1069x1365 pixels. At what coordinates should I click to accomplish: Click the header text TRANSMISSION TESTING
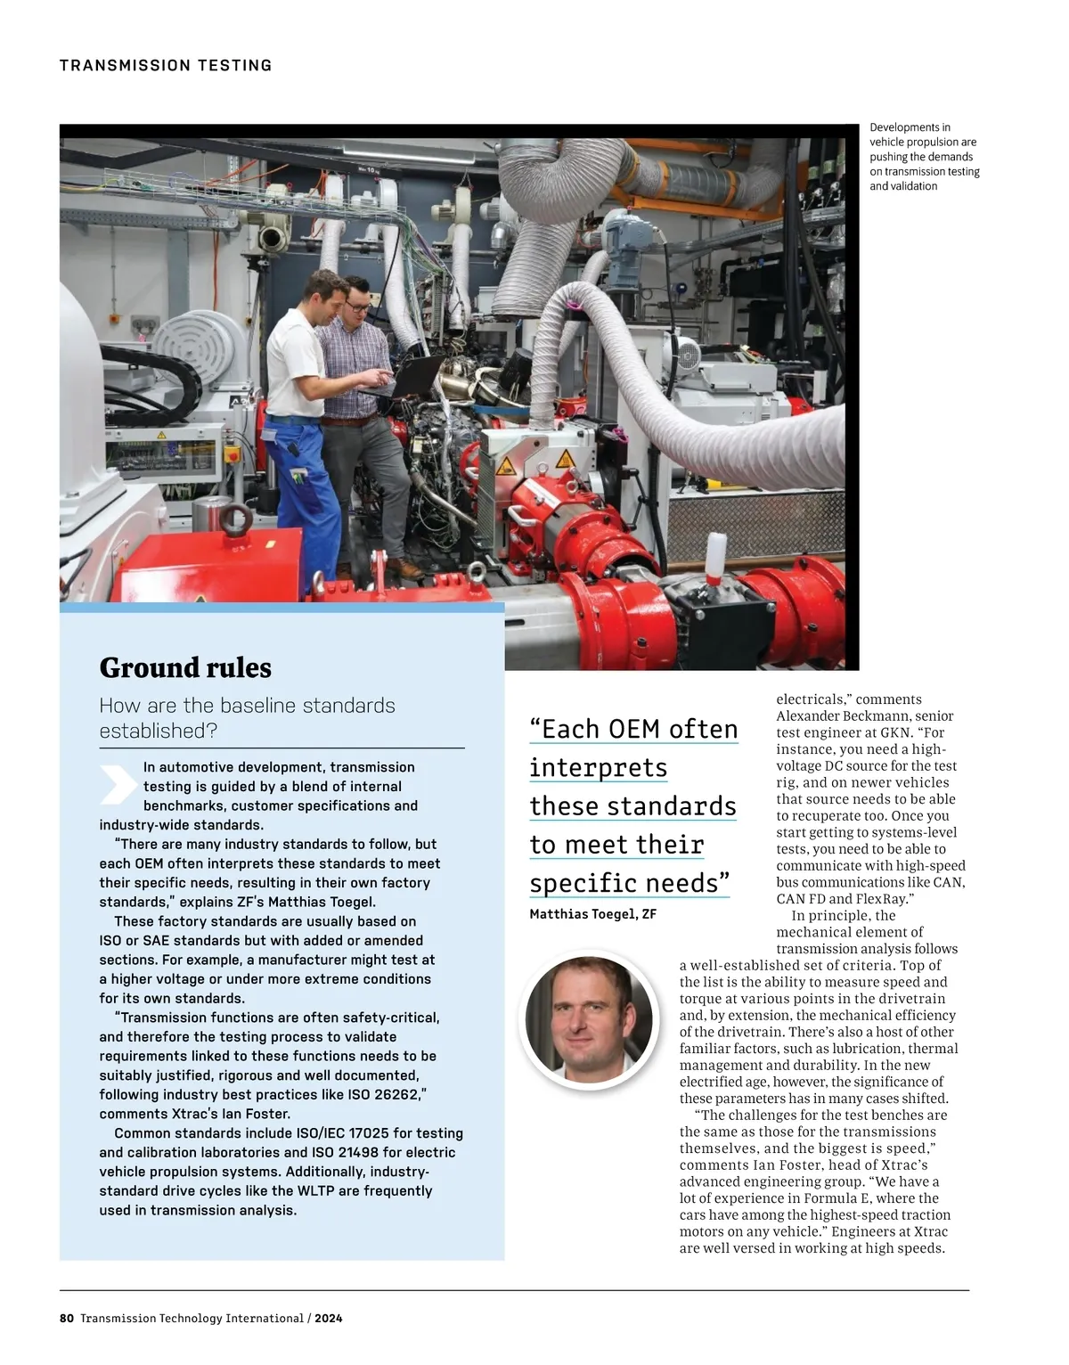pyautogui.click(x=166, y=65)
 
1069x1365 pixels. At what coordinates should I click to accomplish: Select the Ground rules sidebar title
pyautogui.click(x=185, y=667)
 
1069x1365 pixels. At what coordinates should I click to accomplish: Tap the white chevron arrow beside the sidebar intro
pyautogui.click(x=118, y=785)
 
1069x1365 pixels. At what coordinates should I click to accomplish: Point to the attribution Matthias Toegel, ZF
pyautogui.click(x=592, y=914)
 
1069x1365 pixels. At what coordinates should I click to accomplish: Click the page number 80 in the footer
pyautogui.click(x=67, y=1318)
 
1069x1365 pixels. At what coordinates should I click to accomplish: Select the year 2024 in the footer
pyautogui.click(x=328, y=1318)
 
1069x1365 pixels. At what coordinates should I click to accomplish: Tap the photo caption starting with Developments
pyautogui.click(x=924, y=157)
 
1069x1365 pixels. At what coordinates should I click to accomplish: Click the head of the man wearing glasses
pyautogui.click(x=357, y=298)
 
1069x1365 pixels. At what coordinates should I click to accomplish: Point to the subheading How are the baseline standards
pyautogui.click(x=247, y=706)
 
